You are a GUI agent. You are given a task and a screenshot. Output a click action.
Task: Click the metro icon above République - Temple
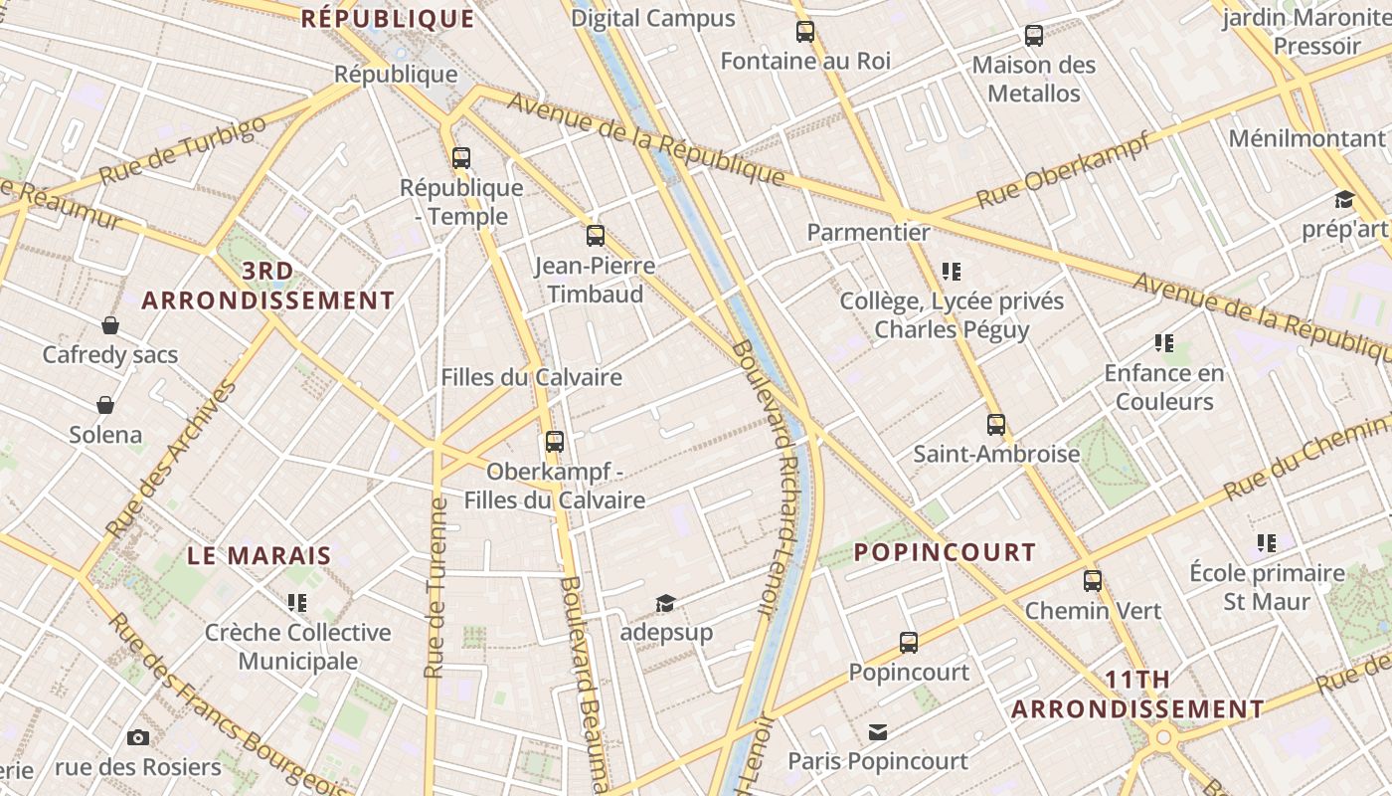[460, 157]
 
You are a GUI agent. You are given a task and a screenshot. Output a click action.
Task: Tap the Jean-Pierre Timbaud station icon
[595, 236]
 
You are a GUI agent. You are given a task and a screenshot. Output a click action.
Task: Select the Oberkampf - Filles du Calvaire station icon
[555, 441]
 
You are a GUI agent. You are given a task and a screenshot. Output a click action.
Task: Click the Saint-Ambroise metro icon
[996, 425]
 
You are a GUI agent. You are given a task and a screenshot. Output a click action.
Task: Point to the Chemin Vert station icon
[1093, 580]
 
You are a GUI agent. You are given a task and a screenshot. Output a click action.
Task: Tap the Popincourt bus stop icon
[908, 642]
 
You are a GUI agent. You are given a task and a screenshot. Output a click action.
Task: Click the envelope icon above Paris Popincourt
[877, 732]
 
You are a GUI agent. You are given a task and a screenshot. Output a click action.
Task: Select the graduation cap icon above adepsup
[665, 603]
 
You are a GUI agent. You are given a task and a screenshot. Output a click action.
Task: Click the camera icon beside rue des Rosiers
[138, 737]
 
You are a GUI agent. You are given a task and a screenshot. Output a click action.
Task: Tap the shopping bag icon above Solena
[105, 405]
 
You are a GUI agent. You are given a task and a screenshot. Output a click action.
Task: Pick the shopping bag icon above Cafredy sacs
[110, 325]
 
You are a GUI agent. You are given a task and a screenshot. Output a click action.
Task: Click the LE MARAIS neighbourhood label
[260, 556]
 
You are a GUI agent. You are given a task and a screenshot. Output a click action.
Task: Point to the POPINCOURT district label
[945, 552]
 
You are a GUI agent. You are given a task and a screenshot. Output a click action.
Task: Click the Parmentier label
[868, 233]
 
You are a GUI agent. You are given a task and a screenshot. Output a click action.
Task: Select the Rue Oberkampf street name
[1064, 169]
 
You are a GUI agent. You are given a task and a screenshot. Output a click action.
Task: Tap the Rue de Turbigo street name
[184, 150]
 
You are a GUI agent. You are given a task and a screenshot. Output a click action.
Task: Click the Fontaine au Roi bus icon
[805, 32]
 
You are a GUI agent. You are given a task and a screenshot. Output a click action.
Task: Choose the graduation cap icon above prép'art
[1344, 199]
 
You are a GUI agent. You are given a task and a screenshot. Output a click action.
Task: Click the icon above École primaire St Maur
[1266, 543]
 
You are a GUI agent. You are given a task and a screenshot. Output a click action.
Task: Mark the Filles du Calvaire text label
[531, 377]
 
